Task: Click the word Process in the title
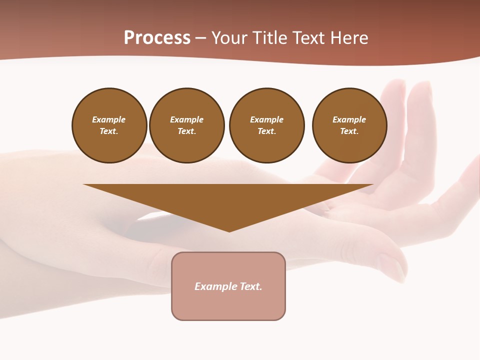coord(157,38)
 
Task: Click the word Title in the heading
coord(268,38)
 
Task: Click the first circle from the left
coord(109,125)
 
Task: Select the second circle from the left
coord(187,125)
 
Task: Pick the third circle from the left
coord(266,125)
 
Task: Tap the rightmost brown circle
coord(349,125)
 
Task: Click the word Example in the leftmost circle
coord(109,119)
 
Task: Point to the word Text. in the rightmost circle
coord(349,131)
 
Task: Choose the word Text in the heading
coord(307,38)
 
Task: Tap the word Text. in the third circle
coord(266,131)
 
